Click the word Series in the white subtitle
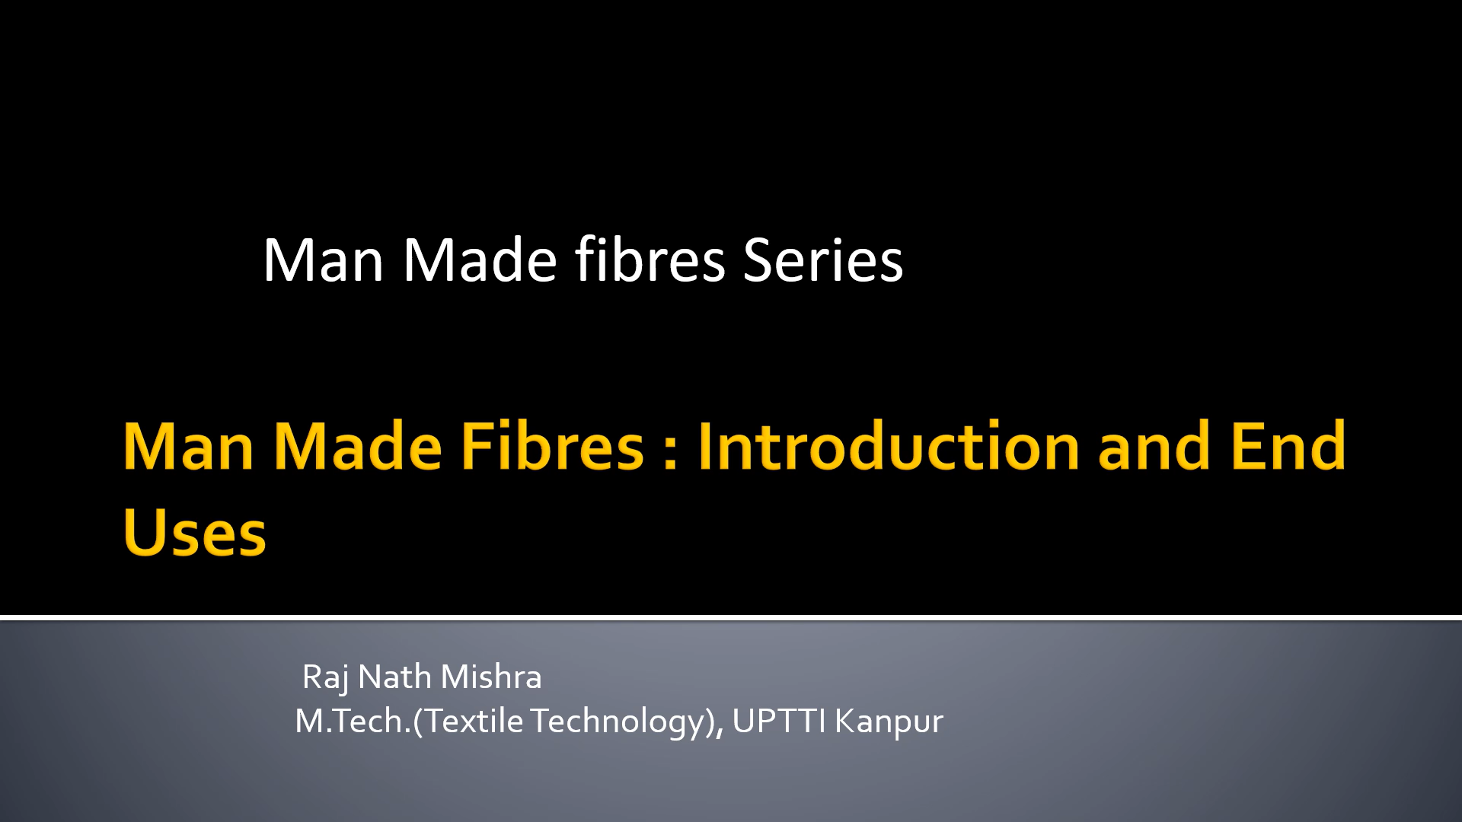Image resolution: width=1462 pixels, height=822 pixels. tap(823, 260)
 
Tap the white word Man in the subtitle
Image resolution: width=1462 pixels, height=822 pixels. tap(324, 260)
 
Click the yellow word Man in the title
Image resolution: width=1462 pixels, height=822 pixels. tap(188, 447)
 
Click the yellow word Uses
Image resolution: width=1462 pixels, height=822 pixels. tap(195, 532)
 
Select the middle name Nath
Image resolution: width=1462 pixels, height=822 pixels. tap(394, 676)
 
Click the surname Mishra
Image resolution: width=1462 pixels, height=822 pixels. tap(491, 676)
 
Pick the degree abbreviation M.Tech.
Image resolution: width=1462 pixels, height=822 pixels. tap(353, 721)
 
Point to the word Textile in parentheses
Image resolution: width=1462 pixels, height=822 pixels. tap(474, 721)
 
